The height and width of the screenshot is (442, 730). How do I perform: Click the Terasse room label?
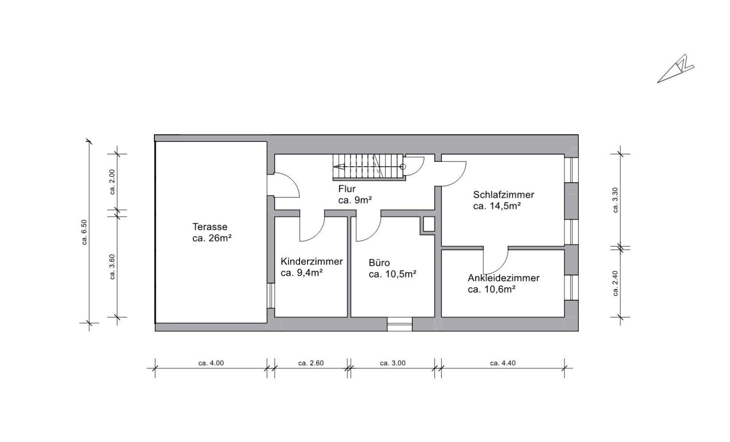coord(210,227)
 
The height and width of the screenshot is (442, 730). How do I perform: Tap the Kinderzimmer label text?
coord(311,261)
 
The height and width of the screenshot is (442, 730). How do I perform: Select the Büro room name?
coord(379,263)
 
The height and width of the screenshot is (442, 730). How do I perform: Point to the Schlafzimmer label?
coord(503,194)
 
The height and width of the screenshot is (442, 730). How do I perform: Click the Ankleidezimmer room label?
coord(503,278)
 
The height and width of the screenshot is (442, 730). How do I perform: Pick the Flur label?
coord(347,189)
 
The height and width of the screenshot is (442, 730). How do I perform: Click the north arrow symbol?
coord(675,69)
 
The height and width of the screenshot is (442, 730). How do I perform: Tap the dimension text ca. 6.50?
coord(85,232)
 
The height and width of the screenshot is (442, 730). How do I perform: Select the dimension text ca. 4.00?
coord(211,363)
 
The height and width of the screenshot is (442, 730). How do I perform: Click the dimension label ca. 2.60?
coord(311,363)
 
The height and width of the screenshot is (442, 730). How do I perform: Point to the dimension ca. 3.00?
coord(393,363)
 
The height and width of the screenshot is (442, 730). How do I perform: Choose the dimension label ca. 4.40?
coord(503,363)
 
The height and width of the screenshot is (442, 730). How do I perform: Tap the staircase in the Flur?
coord(368,167)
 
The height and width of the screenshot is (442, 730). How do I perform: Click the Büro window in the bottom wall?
coord(400,324)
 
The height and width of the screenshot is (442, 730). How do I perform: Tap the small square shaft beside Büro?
coord(427,225)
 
